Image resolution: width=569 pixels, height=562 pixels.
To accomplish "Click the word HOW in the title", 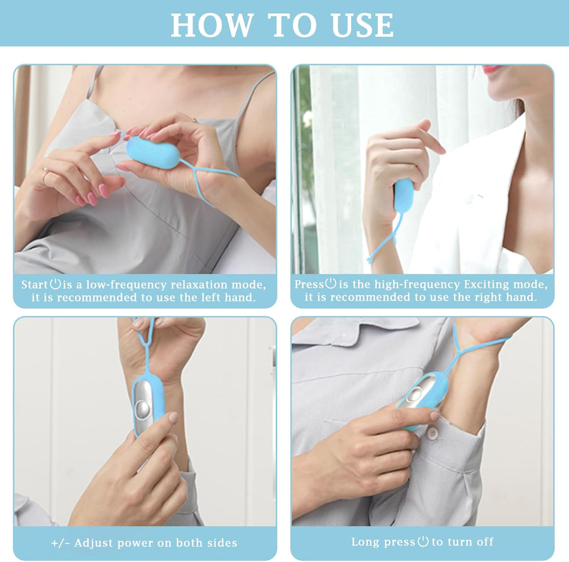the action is [212, 25].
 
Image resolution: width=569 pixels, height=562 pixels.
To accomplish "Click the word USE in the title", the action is [362, 25].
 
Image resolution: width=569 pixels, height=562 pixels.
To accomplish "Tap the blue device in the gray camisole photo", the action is [153, 153].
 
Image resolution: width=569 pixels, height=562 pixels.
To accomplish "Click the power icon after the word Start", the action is [55, 284].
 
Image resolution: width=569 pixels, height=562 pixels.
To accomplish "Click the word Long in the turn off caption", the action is [364, 542].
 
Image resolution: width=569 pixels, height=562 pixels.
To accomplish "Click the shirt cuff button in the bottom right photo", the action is [433, 433].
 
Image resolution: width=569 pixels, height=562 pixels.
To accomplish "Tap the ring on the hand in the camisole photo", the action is [45, 171].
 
